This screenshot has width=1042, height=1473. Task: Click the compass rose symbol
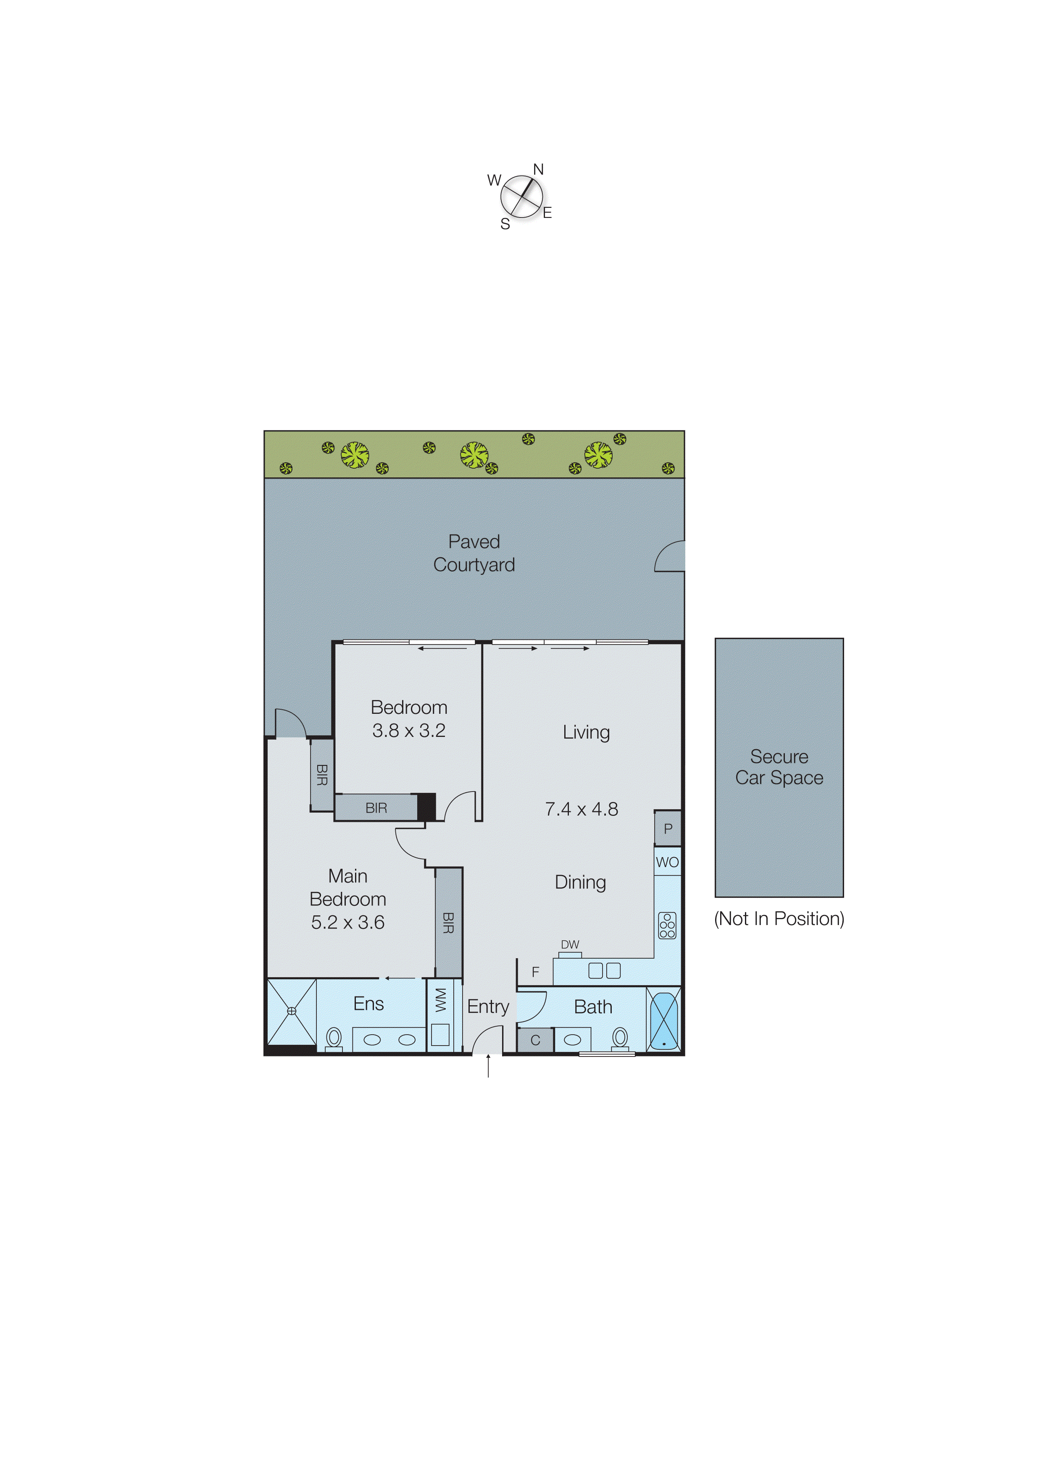[521, 197]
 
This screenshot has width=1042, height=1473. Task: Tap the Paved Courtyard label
[474, 553]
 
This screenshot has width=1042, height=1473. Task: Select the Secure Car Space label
[779, 767]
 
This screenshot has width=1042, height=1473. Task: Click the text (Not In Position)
[779, 919]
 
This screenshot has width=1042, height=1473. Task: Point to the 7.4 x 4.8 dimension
[581, 809]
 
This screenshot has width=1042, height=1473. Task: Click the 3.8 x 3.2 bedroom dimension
[408, 731]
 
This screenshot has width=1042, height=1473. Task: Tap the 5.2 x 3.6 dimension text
[347, 923]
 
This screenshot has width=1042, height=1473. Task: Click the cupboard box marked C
[535, 1041]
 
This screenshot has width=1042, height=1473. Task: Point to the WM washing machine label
[440, 1001]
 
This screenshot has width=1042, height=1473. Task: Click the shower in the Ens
[292, 1011]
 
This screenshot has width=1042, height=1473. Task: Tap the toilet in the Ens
[334, 1038]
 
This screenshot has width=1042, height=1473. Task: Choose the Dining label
[580, 883]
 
